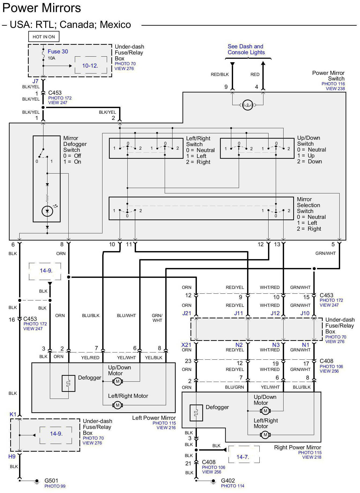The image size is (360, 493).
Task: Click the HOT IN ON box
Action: [x=44, y=37]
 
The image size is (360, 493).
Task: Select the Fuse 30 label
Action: [x=58, y=51]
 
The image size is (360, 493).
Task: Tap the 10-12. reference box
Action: [x=90, y=65]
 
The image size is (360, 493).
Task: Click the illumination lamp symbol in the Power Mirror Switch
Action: [x=248, y=105]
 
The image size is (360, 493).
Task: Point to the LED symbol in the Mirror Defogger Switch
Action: [x=47, y=211]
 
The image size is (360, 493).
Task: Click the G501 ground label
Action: [x=51, y=480]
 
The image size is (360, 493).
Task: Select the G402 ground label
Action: [x=228, y=480]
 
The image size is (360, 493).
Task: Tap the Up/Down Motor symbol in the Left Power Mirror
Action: [x=117, y=381]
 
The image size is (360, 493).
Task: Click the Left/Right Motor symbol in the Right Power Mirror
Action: [x=265, y=435]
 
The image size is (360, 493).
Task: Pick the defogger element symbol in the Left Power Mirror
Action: [x=68, y=383]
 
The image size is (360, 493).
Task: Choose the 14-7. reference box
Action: [x=243, y=457]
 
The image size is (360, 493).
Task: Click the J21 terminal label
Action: [x=187, y=313]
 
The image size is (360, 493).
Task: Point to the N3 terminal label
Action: [x=276, y=345]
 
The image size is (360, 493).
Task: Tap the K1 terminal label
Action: [x=13, y=414]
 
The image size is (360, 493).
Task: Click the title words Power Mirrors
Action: [x=42, y=8]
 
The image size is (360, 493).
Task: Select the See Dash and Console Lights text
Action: [x=246, y=49]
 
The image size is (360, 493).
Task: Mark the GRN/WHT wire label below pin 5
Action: [x=325, y=253]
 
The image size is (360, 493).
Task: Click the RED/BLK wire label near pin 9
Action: [x=220, y=75]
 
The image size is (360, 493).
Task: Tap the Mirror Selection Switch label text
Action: [x=308, y=205]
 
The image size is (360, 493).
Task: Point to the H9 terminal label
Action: [x=12, y=456]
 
